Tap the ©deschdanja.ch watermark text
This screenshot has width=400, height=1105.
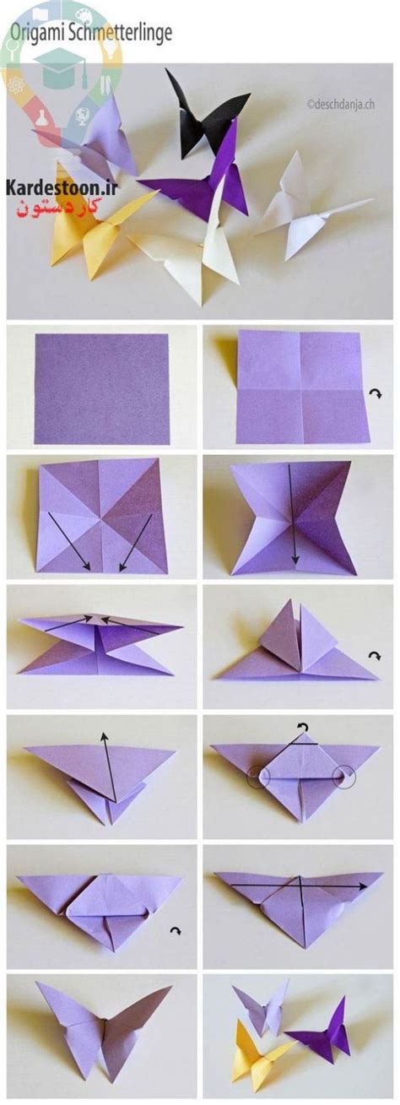click(340, 104)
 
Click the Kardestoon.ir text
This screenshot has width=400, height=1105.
click(62, 187)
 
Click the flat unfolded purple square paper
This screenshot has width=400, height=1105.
click(102, 388)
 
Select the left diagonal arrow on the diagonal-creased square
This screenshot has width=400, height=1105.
click(69, 541)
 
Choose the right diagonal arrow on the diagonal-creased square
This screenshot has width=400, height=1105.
click(135, 543)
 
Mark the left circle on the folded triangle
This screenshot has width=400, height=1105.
click(259, 777)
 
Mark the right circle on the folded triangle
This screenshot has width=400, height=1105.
click(343, 776)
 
